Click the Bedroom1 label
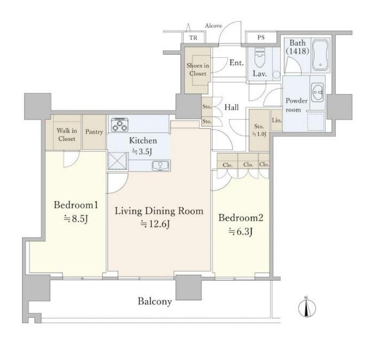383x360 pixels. click(x=76, y=205)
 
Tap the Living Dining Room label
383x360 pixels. click(x=159, y=211)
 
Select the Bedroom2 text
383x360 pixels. click(x=241, y=218)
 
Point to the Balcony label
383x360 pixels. click(x=155, y=302)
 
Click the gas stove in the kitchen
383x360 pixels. click(x=120, y=125)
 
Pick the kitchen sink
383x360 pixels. click(x=160, y=166)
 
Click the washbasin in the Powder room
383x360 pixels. click(x=318, y=92)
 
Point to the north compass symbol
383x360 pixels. click(x=307, y=308)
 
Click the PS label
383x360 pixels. click(x=261, y=38)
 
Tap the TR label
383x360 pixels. click(x=193, y=38)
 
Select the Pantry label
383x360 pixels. click(x=94, y=132)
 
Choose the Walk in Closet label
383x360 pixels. click(x=67, y=135)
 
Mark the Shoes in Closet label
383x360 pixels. click(x=198, y=70)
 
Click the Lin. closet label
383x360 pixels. click(x=277, y=120)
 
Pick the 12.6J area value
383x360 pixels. click(x=155, y=224)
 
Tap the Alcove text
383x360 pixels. click(x=214, y=26)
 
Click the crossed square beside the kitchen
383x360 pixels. click(x=117, y=160)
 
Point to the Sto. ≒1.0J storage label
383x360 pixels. click(x=259, y=130)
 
